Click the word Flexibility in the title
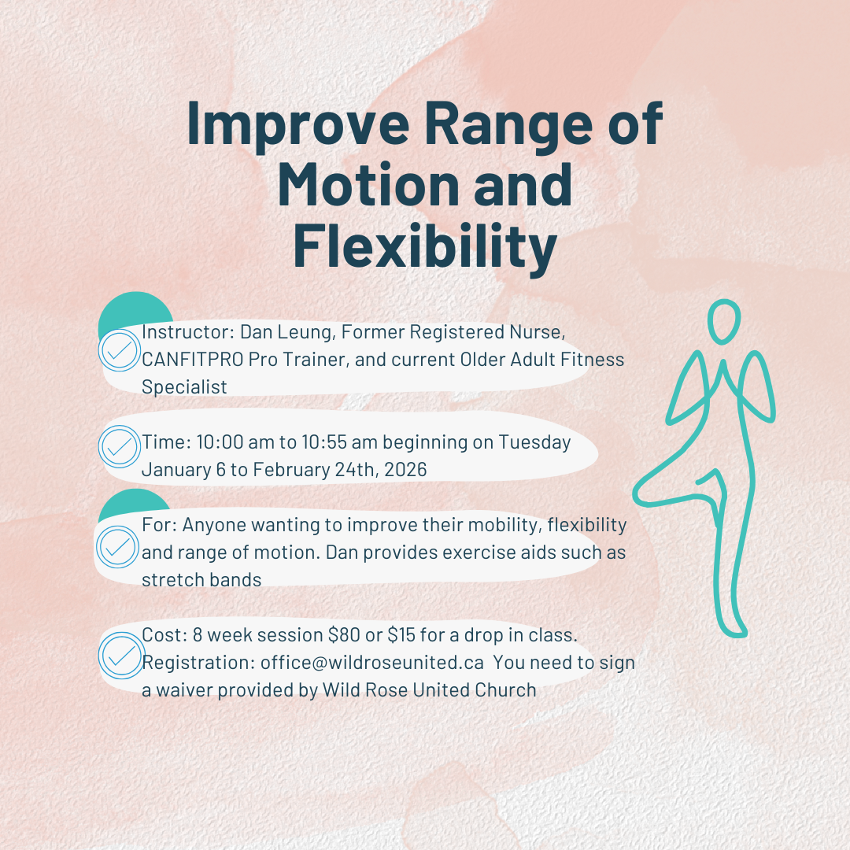[425, 246]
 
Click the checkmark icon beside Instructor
[120, 350]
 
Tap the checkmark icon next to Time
[120, 447]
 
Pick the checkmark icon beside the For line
[117, 547]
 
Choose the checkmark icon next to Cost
[121, 656]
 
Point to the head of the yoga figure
[724, 322]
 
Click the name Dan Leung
[286, 332]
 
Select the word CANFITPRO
[193, 360]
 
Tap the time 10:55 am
[342, 442]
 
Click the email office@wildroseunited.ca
[371, 663]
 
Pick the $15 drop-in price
[401, 635]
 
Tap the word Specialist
[184, 387]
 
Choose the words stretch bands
[201, 580]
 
